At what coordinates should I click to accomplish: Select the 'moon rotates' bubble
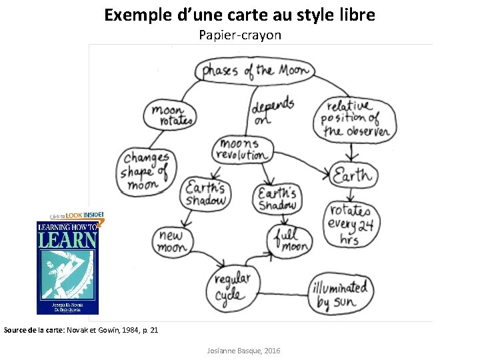click(x=171, y=115)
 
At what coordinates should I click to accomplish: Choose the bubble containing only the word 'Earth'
click(x=353, y=177)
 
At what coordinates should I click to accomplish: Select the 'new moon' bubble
click(x=172, y=241)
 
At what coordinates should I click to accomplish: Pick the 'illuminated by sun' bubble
click(x=340, y=294)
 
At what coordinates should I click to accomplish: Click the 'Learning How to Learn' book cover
click(x=67, y=267)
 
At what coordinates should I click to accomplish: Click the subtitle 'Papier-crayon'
click(x=240, y=35)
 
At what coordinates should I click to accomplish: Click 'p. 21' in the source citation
click(x=149, y=329)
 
